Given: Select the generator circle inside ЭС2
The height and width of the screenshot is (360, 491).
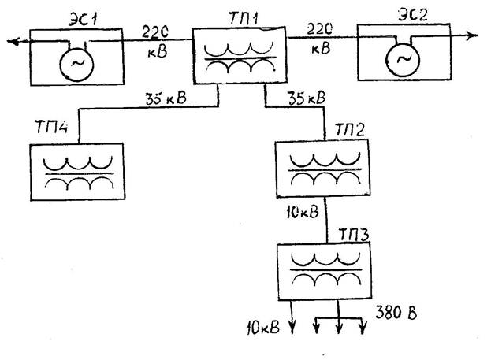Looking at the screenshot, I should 403,59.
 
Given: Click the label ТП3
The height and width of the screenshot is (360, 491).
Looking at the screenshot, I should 354,234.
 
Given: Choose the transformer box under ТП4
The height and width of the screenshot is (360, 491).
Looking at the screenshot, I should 77,174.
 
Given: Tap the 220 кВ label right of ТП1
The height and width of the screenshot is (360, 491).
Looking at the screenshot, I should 320,38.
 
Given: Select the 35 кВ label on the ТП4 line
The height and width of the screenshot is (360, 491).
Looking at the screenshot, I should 166,100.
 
